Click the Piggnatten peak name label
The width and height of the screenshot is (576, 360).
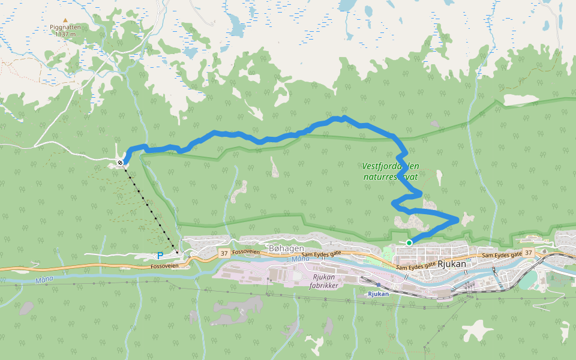65,27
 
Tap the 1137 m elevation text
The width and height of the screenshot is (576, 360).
65,34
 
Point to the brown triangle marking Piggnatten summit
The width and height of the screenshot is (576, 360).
65,20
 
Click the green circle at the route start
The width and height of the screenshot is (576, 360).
409,242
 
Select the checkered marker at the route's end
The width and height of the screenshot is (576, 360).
121,163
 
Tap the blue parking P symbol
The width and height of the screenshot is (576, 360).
160,256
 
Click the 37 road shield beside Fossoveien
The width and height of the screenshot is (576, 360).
224,254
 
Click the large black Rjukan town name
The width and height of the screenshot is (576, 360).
453,263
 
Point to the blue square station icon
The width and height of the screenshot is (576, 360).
379,285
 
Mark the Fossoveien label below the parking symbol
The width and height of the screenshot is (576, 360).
165,266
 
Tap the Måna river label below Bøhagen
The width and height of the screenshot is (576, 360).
300,259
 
